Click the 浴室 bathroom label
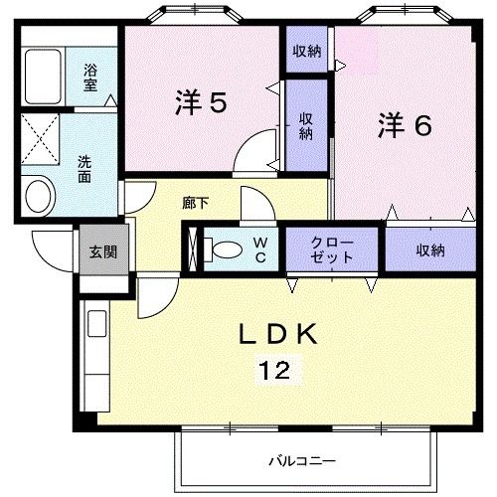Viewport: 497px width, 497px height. [89, 78]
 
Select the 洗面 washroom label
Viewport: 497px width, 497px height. [86, 170]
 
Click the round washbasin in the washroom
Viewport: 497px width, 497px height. [39, 195]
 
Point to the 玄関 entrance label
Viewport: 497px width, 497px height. [100, 251]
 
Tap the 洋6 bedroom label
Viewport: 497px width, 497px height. [404, 126]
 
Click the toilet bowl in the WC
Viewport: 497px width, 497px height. [227, 248]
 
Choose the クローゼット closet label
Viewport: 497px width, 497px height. [332, 249]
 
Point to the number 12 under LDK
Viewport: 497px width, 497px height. [274, 372]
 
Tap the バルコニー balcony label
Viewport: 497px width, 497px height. [301, 461]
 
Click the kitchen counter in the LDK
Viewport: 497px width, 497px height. [96, 358]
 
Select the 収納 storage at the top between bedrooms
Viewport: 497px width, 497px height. [305, 51]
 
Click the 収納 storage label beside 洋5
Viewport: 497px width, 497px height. [306, 125]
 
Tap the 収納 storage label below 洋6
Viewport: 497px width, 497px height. [429, 249]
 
